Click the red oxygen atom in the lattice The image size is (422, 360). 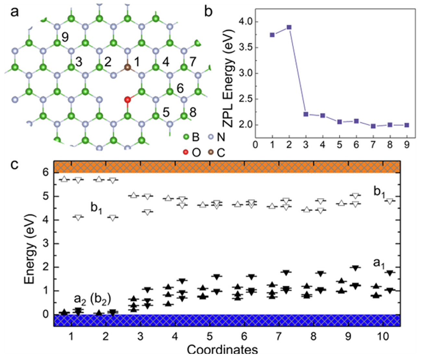tap(128, 100)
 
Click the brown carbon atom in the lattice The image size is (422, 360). tap(128, 67)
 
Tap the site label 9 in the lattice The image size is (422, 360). tap(65, 37)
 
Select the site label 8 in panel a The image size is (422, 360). tap(193, 112)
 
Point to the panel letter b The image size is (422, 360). tap(208, 12)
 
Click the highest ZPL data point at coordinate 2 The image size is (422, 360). tap(289, 27)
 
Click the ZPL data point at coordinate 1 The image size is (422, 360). tap(272, 35)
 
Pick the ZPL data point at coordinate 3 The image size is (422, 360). tap(306, 114)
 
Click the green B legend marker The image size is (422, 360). tap(186, 137)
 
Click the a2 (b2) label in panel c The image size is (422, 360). tap(93, 299)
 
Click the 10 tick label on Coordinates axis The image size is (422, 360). tap(383, 336)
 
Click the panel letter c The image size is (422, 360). tap(14, 165)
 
